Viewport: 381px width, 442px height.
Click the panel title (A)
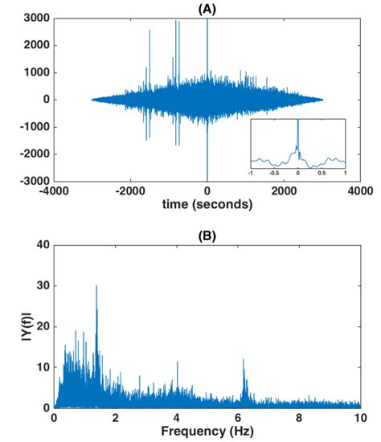(x=207, y=8)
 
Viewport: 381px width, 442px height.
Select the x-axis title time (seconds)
(x=207, y=205)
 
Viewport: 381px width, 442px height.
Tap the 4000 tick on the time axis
(x=361, y=191)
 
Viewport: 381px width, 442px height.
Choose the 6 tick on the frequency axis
(x=238, y=419)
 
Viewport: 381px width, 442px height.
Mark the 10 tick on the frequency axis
(x=360, y=419)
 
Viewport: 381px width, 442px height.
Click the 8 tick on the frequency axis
(x=299, y=419)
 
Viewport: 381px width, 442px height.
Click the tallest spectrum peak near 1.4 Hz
(x=96, y=287)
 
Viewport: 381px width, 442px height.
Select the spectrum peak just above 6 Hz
(x=243, y=361)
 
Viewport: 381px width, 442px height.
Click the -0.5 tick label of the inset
(x=274, y=172)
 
